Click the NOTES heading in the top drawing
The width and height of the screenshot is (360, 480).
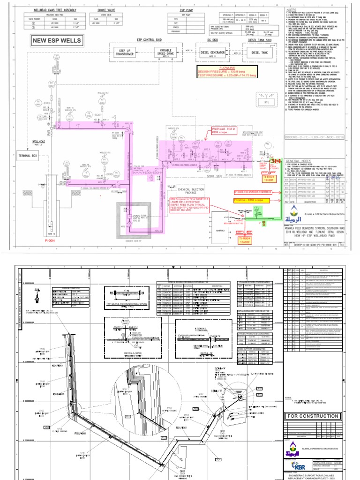292,10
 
